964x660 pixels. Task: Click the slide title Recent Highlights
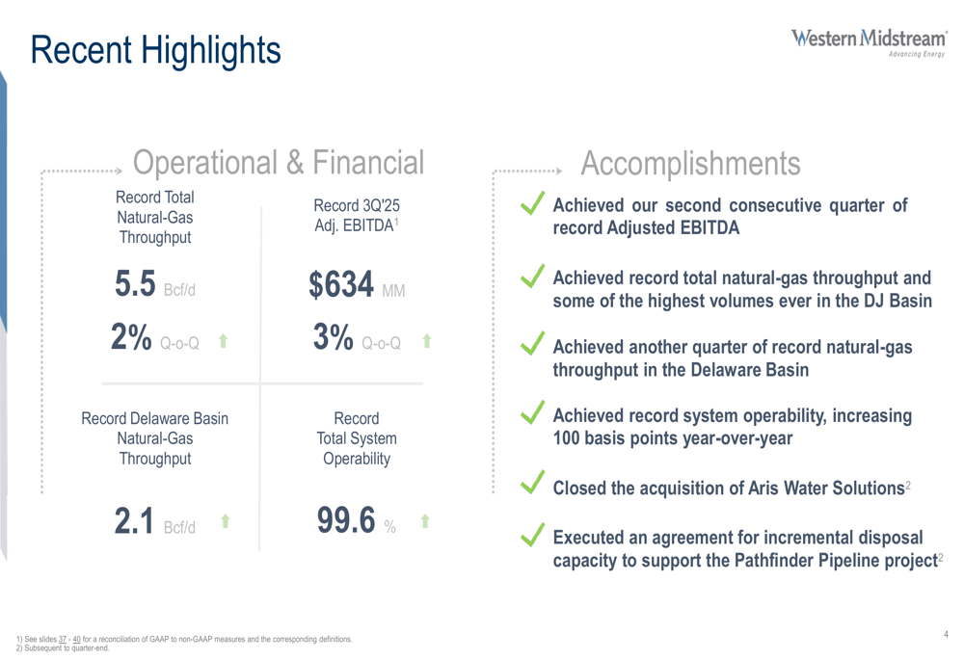[x=155, y=49]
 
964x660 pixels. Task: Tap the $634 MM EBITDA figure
[x=353, y=285]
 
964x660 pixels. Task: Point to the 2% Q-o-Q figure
[x=154, y=338]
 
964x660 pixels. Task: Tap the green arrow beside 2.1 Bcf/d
[x=225, y=521]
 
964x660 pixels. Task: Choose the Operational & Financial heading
[x=278, y=164]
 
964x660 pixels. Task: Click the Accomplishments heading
[x=690, y=164]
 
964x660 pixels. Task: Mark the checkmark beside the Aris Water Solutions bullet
[x=532, y=481]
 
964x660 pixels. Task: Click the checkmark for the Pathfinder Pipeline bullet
[x=532, y=535]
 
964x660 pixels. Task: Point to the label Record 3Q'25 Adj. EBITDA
[x=357, y=216]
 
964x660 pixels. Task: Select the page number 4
[x=946, y=633]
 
